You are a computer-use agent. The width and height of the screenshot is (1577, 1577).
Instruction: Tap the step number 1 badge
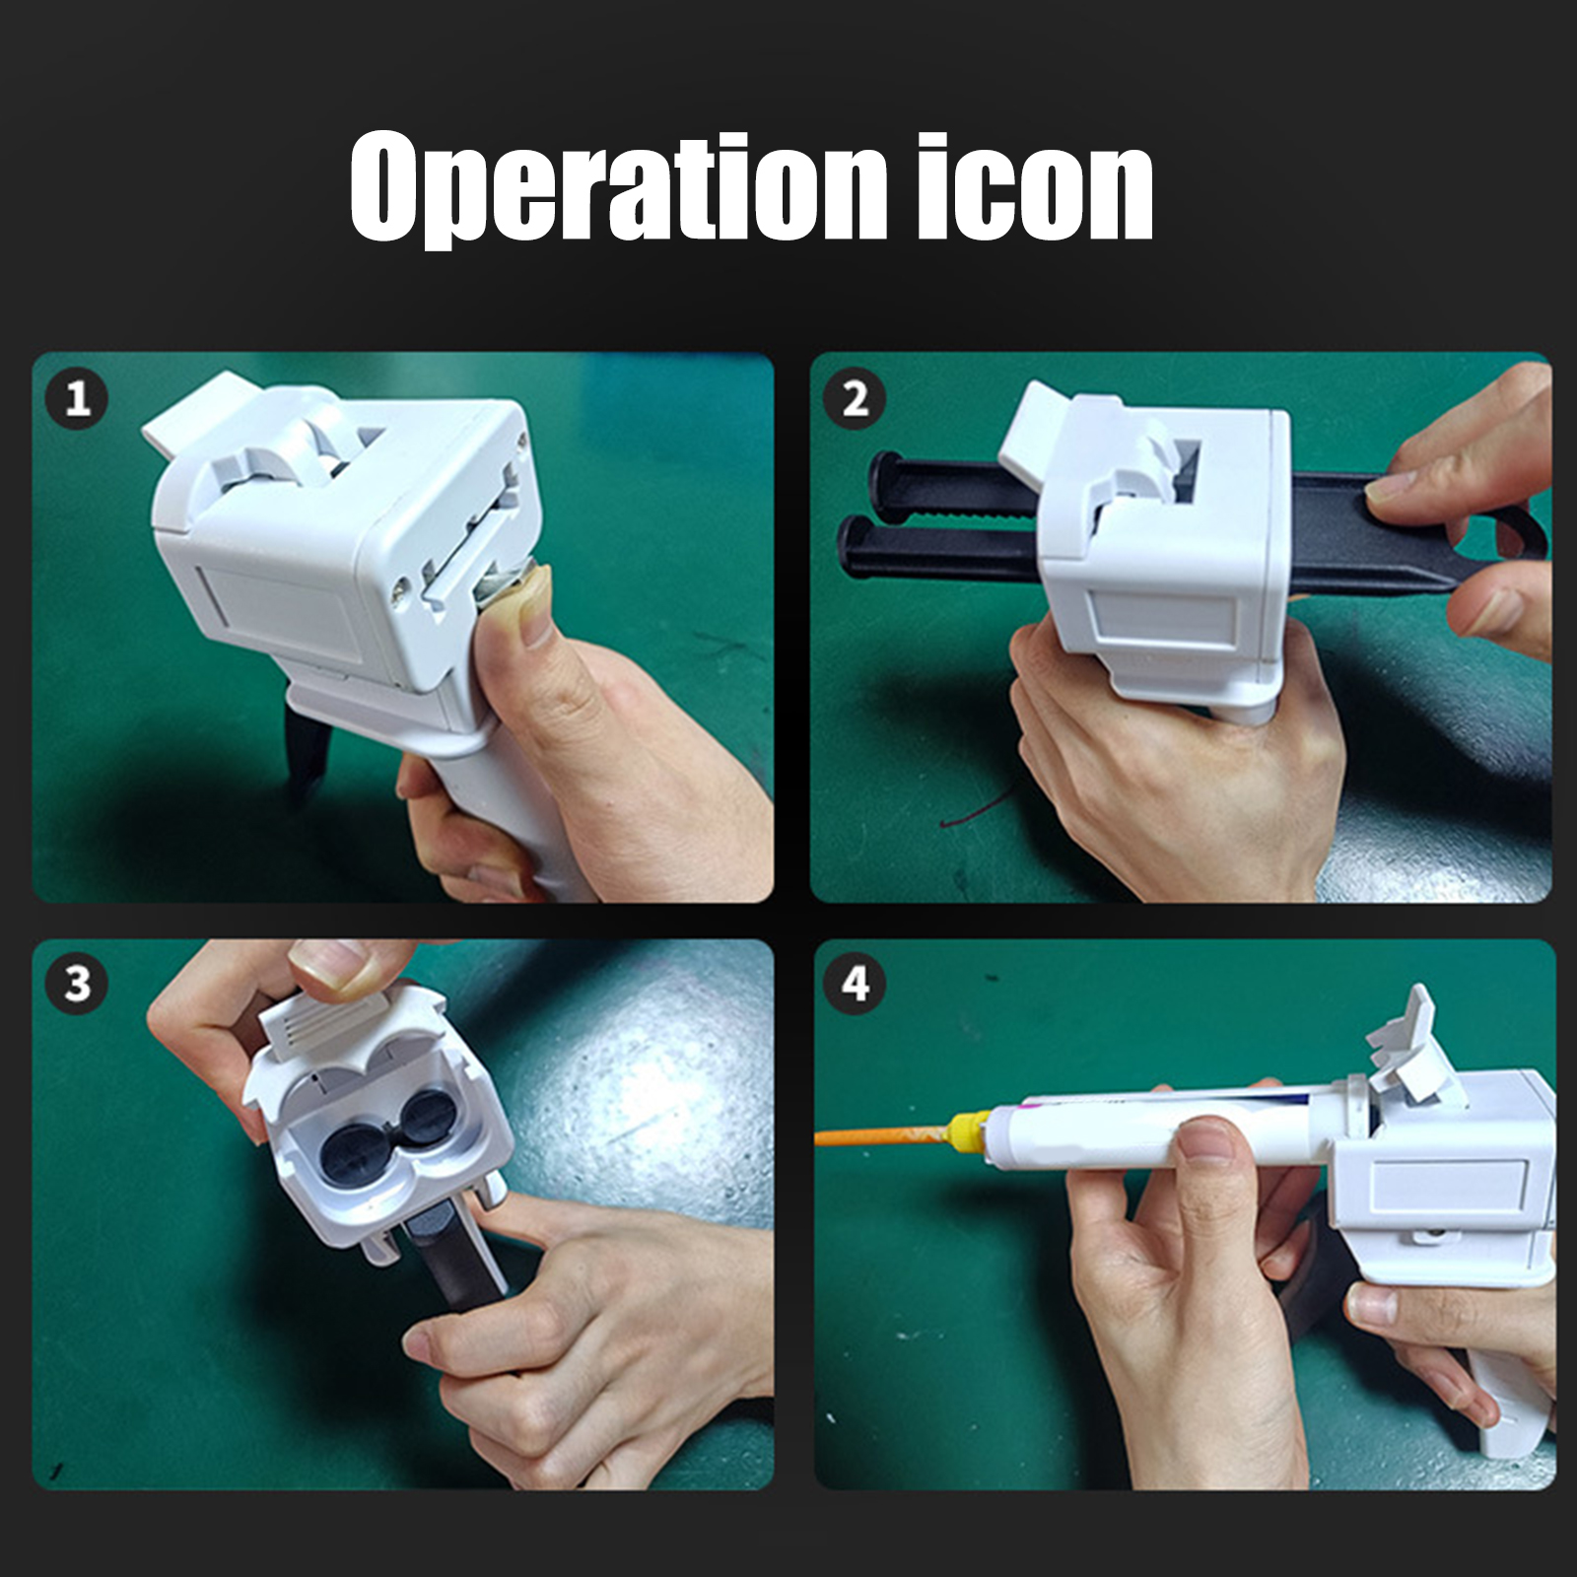(77, 399)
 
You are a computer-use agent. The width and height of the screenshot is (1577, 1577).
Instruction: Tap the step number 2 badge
(856, 399)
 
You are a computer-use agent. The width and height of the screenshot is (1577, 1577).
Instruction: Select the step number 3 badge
(77, 984)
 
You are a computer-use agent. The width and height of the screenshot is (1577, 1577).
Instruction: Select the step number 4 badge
(856, 984)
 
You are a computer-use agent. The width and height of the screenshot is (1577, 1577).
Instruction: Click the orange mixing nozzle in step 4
(882, 1135)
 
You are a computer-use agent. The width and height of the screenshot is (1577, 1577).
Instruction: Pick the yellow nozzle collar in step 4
(970, 1129)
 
